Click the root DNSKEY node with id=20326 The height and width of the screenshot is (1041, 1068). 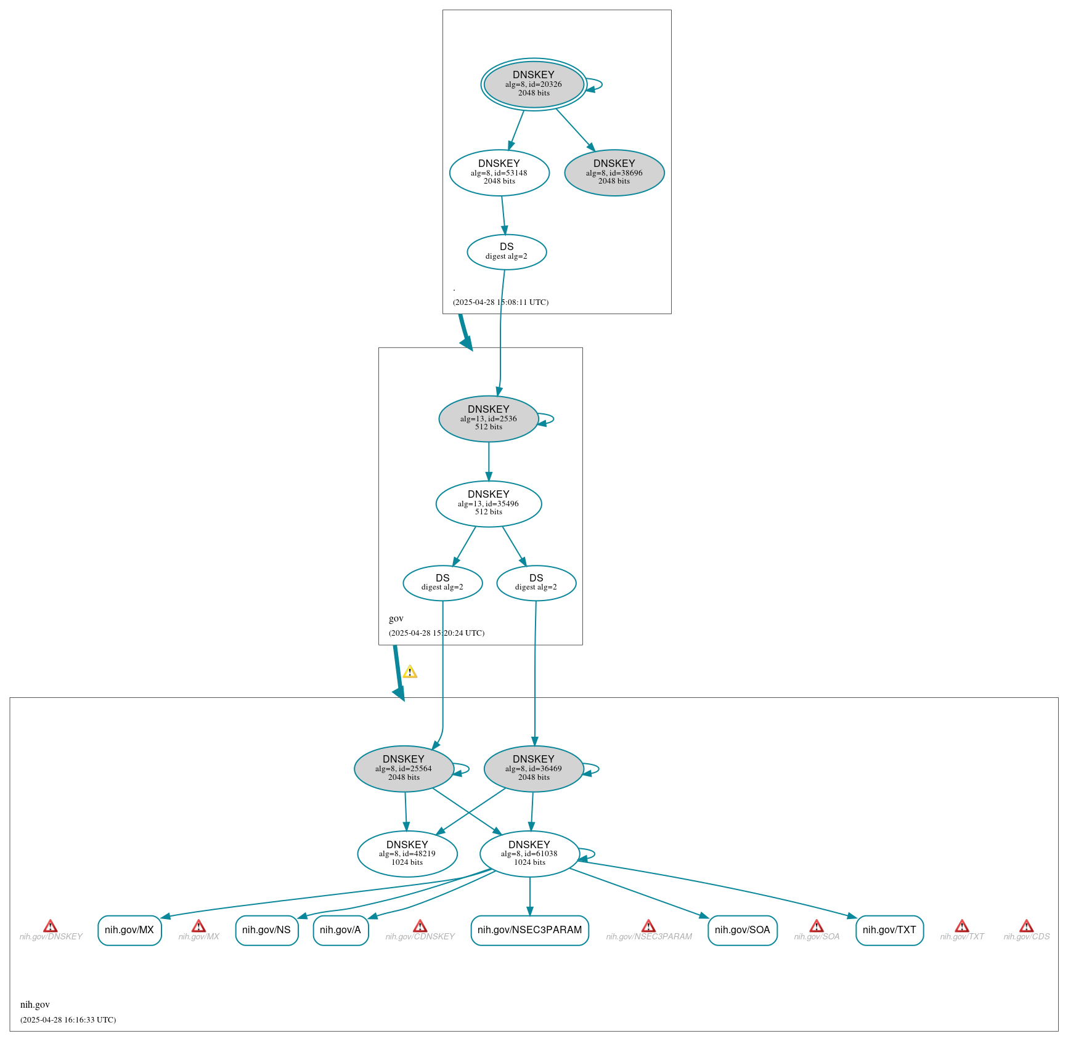tap(534, 84)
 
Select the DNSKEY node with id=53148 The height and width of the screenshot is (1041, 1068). tap(499, 172)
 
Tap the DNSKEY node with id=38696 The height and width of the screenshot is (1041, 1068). tap(614, 172)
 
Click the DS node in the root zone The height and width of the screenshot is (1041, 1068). tap(507, 252)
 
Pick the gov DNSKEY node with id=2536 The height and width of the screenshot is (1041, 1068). tap(489, 419)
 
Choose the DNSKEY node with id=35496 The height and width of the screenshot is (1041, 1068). tap(489, 504)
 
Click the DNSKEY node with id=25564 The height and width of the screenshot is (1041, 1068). tap(404, 769)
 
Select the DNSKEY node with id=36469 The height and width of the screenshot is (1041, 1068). tap(534, 769)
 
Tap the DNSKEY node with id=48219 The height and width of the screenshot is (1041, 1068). tap(407, 854)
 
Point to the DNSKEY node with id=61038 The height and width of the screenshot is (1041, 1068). tap(529, 854)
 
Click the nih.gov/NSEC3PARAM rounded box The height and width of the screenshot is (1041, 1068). tap(530, 930)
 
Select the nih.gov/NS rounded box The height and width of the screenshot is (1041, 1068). tap(267, 930)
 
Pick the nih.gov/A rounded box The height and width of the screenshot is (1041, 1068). tap(341, 930)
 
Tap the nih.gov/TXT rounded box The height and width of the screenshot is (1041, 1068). tap(890, 930)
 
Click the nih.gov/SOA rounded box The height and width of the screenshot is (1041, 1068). tap(743, 930)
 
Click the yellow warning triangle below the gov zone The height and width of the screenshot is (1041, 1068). tap(410, 672)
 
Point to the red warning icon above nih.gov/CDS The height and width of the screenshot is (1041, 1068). tap(1026, 926)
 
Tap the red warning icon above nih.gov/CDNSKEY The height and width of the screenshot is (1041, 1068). tap(420, 926)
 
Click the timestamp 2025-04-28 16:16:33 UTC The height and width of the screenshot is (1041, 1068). tap(68, 1019)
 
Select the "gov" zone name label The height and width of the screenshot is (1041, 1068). tap(396, 618)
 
